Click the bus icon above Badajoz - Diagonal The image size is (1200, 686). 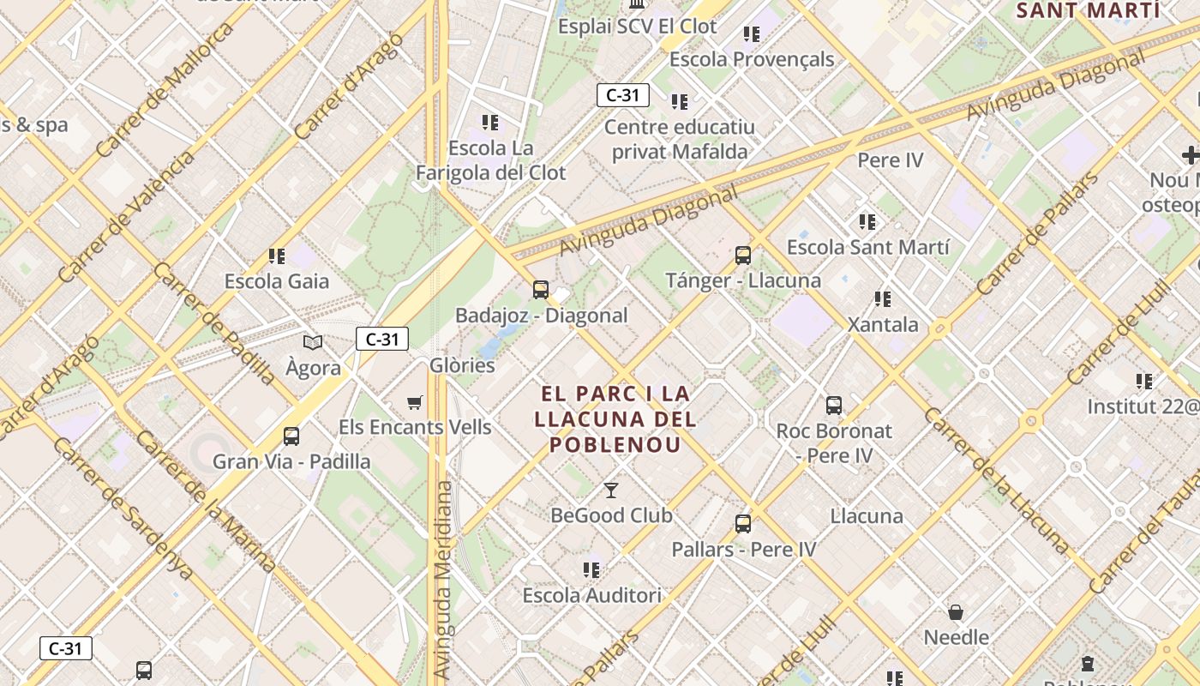pyautogui.click(x=540, y=290)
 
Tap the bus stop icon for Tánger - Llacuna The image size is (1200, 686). pyautogui.click(x=743, y=256)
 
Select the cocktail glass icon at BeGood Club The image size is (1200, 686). pyautogui.click(x=610, y=490)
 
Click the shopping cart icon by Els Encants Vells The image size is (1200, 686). pyautogui.click(x=415, y=402)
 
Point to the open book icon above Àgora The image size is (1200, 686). pyautogui.click(x=313, y=343)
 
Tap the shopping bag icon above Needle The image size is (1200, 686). pyautogui.click(x=956, y=612)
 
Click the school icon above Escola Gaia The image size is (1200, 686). pyautogui.click(x=276, y=256)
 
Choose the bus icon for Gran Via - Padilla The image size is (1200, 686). pyautogui.click(x=291, y=436)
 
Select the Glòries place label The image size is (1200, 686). pyautogui.click(x=462, y=365)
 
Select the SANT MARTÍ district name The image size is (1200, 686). pyautogui.click(x=1088, y=11)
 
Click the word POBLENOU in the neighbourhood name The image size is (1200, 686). pyautogui.click(x=615, y=445)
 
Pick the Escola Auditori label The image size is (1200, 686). pyautogui.click(x=591, y=595)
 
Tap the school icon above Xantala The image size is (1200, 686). pyautogui.click(x=883, y=299)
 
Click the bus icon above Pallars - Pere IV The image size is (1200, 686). pyautogui.click(x=743, y=524)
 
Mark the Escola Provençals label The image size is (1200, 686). pyautogui.click(x=752, y=59)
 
